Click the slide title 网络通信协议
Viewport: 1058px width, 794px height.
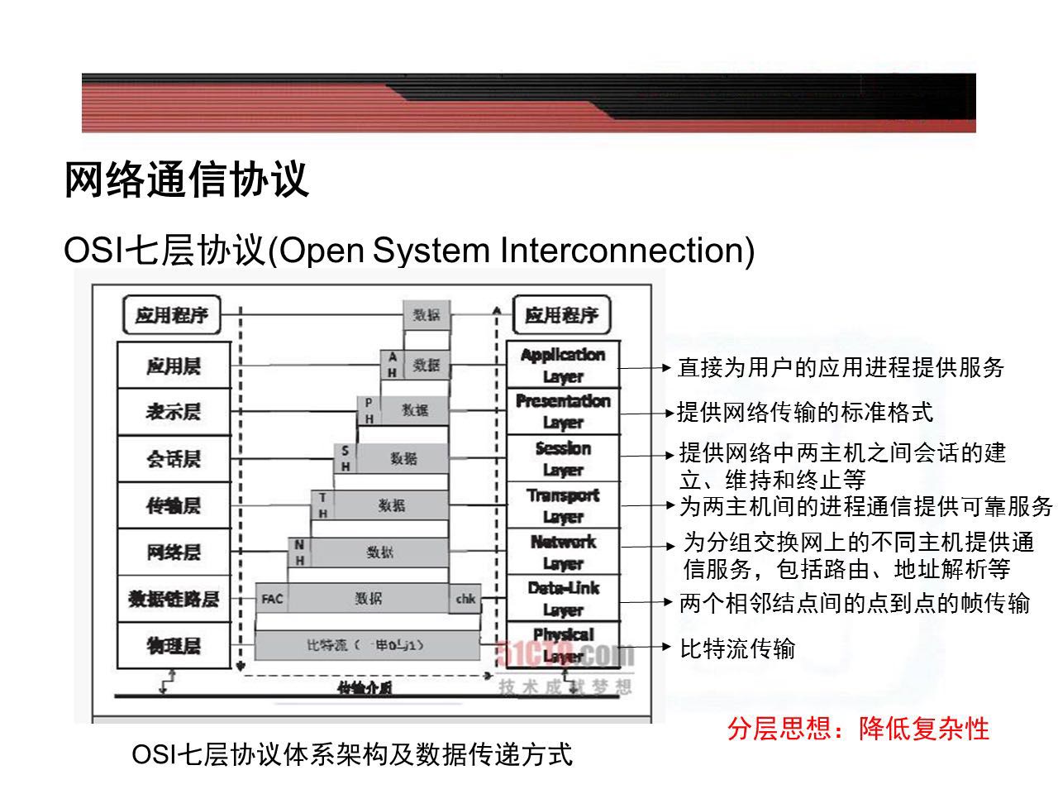[187, 179]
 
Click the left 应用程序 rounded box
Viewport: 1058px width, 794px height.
[172, 315]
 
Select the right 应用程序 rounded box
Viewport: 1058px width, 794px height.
[562, 315]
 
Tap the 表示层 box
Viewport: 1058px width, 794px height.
[173, 412]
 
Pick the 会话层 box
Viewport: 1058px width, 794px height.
[173, 459]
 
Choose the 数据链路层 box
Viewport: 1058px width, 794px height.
[173, 599]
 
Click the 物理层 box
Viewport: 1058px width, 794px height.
[173, 645]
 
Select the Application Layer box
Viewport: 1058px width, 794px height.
[563, 365]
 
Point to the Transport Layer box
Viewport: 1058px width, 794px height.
[563, 505]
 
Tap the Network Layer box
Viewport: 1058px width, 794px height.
[563, 552]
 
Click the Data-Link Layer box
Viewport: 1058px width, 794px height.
[563, 599]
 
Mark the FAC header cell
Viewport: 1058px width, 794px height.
[272, 599]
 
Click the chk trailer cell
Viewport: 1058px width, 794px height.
[465, 599]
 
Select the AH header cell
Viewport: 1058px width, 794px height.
[393, 365]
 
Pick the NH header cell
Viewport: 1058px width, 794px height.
[299, 552]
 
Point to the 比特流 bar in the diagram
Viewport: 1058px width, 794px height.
[367, 645]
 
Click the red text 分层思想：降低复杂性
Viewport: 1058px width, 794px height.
[858, 729]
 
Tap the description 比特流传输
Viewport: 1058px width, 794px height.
[737, 648]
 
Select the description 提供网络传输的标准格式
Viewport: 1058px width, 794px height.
[805, 412]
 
